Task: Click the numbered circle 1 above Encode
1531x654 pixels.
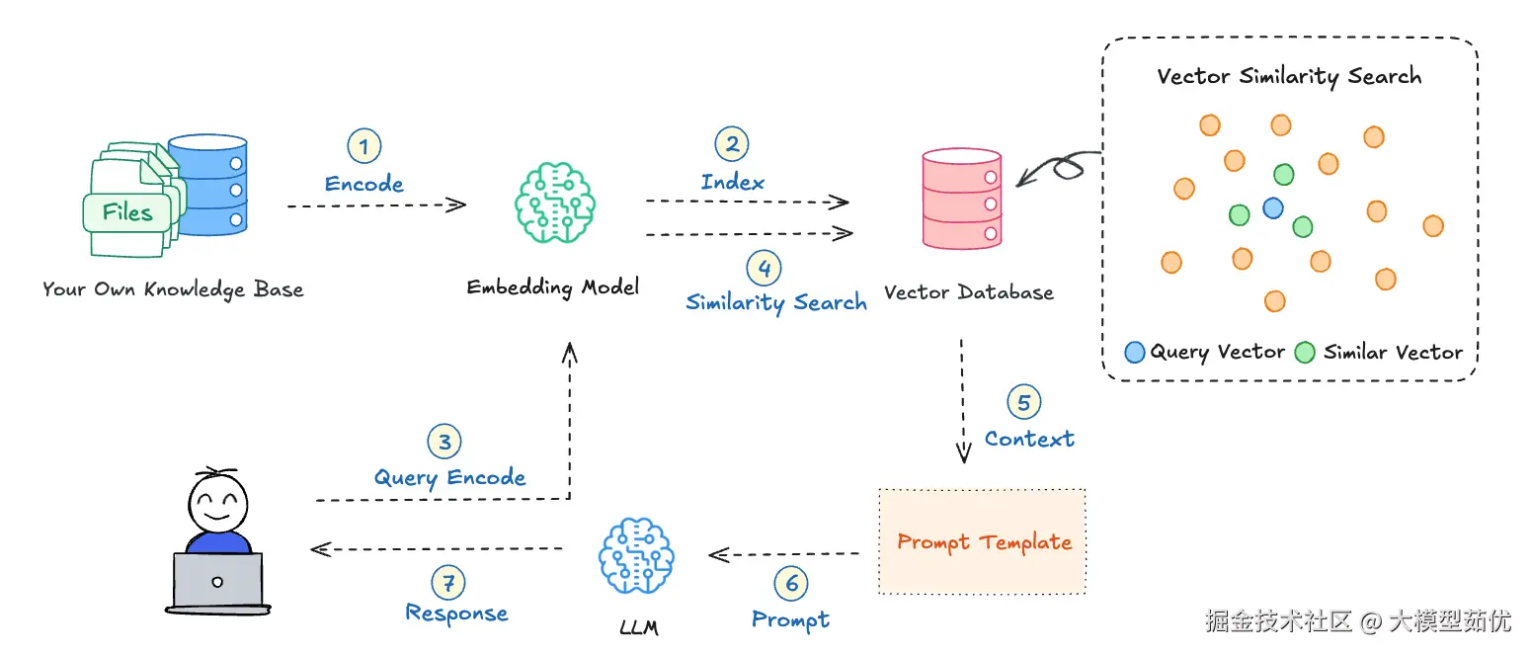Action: pyautogui.click(x=364, y=145)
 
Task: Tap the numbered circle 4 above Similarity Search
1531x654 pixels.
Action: pyautogui.click(x=765, y=268)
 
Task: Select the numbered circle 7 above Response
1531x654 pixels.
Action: pyautogui.click(x=448, y=582)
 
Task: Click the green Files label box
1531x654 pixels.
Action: pyautogui.click(x=127, y=212)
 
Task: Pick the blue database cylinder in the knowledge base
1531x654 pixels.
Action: pyautogui.click(x=208, y=185)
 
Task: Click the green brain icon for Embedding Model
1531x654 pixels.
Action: pyautogui.click(x=555, y=203)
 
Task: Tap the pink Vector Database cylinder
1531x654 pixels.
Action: pyautogui.click(x=962, y=199)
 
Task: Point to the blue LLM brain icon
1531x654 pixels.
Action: pyautogui.click(x=636, y=555)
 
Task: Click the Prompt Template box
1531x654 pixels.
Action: pyautogui.click(x=982, y=541)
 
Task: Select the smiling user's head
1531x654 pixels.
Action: pyautogui.click(x=217, y=502)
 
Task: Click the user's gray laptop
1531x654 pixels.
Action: pyautogui.click(x=217, y=583)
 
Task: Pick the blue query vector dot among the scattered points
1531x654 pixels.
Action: pyautogui.click(x=1272, y=207)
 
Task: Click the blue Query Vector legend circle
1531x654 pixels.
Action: pyautogui.click(x=1135, y=352)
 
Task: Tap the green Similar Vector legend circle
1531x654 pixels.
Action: pyautogui.click(x=1305, y=352)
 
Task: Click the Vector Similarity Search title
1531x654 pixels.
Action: pyautogui.click(x=1289, y=76)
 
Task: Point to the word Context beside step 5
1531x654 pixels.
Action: pyautogui.click(x=1029, y=439)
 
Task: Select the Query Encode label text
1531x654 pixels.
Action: pyautogui.click(x=449, y=478)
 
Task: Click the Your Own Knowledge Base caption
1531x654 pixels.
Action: pyautogui.click(x=173, y=289)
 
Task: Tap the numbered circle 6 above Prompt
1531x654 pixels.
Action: pyautogui.click(x=791, y=583)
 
